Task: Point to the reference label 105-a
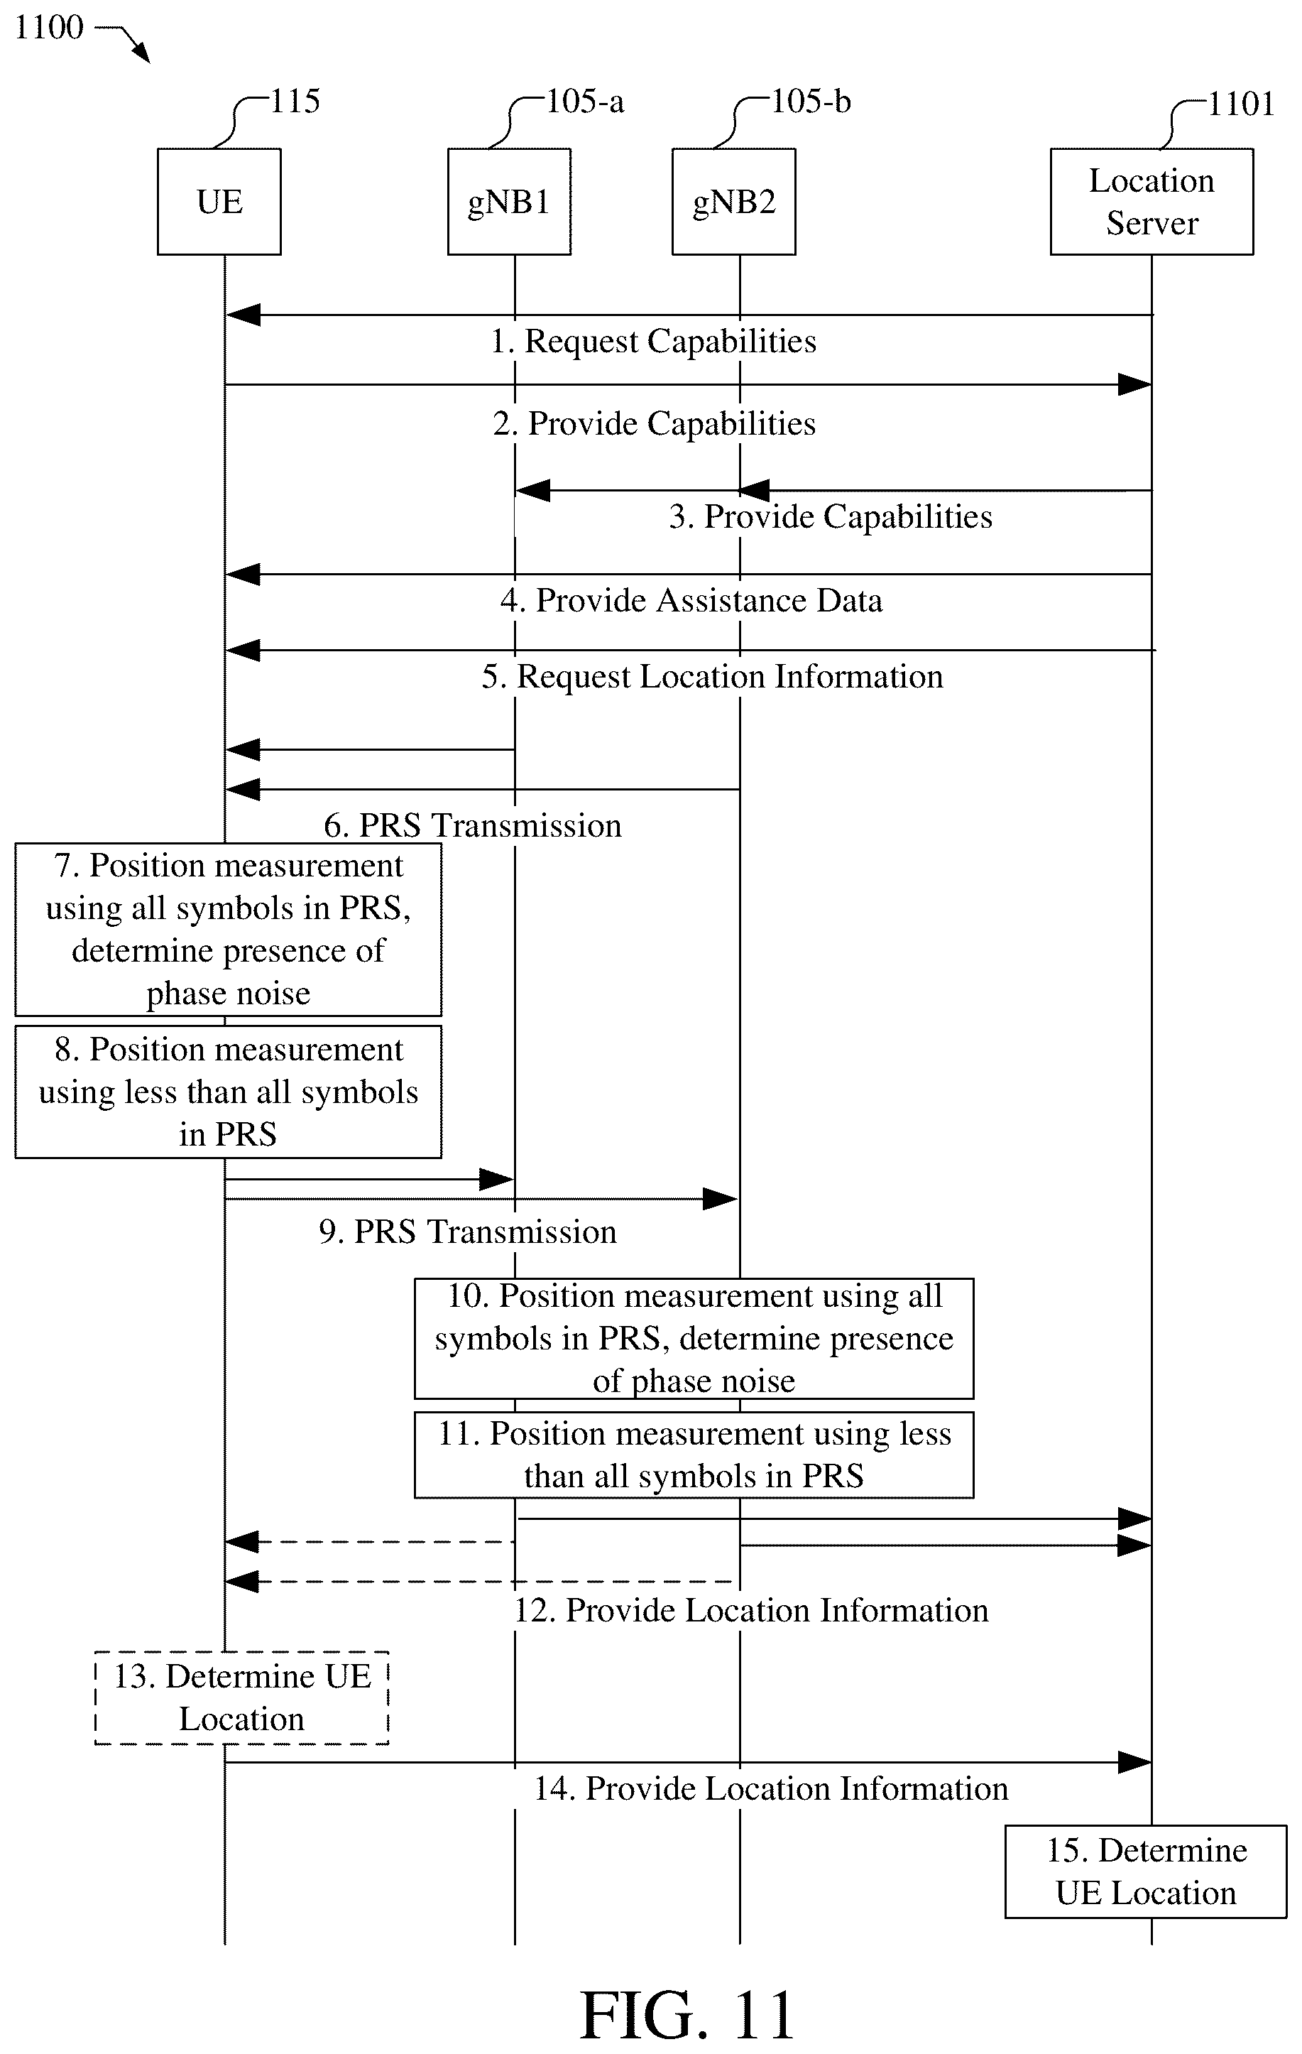click(x=584, y=102)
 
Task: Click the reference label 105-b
click(x=810, y=102)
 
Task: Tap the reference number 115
click(x=295, y=102)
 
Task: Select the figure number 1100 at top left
click(x=48, y=27)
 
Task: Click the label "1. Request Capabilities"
click(x=653, y=341)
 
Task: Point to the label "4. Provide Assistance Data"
click(x=691, y=601)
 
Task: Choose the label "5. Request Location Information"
click(x=713, y=676)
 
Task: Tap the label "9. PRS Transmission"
click(x=467, y=1232)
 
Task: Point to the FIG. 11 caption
click(x=687, y=2015)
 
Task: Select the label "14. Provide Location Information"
click(x=771, y=1788)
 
